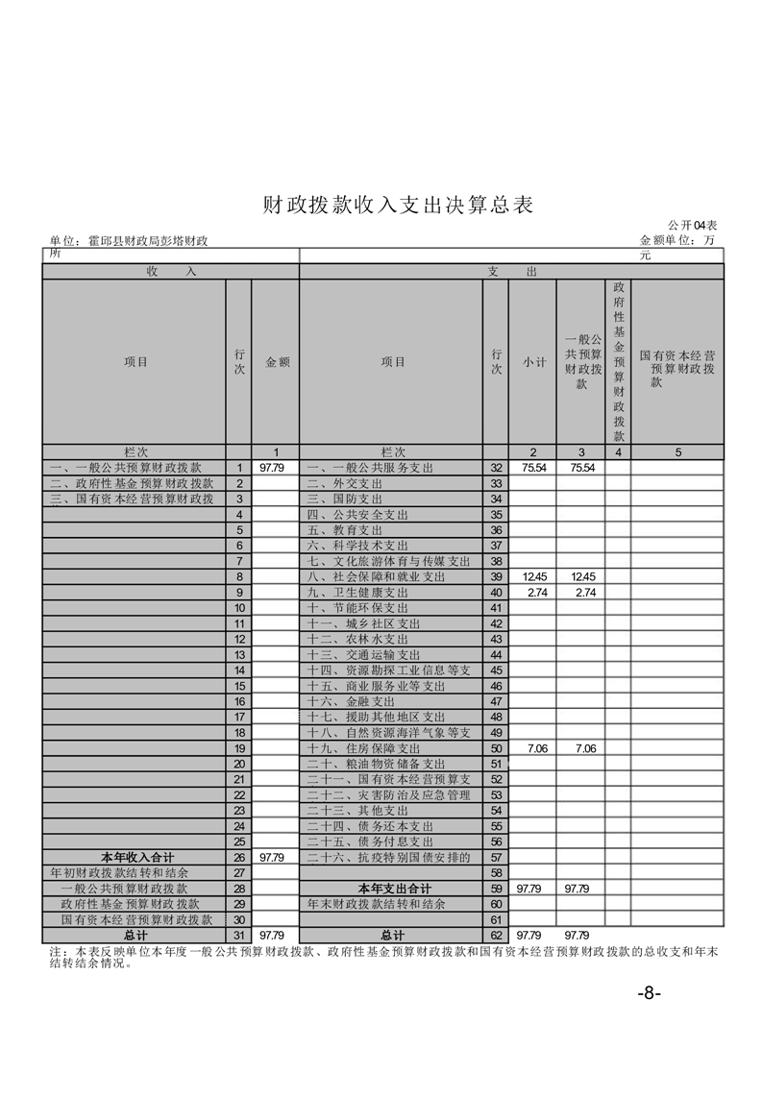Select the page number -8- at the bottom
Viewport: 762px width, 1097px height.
[650, 993]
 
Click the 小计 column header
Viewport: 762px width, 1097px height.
[533, 362]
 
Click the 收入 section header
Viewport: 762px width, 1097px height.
[171, 272]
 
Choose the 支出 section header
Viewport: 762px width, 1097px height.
[511, 272]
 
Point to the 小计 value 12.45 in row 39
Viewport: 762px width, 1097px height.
[533, 576]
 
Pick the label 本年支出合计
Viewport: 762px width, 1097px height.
[394, 888]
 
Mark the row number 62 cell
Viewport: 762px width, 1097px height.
[496, 935]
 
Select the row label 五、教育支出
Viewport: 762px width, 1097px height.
[345, 529]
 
